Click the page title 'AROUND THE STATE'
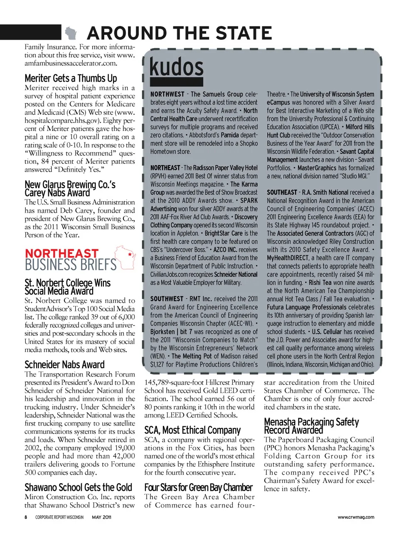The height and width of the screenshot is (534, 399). (180, 33)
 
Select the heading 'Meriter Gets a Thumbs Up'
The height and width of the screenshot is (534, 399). (71, 78)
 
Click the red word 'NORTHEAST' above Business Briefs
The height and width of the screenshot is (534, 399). (62, 253)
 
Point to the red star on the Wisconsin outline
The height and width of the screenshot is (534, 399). (130, 254)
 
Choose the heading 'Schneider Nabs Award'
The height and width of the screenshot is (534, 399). (64, 365)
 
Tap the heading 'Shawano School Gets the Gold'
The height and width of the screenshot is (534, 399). (78, 487)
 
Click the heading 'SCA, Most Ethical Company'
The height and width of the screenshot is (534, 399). (192, 430)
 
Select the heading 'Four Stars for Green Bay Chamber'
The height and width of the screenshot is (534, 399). (198, 487)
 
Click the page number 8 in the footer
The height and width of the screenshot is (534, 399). (26, 517)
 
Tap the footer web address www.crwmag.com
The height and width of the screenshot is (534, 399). (356, 517)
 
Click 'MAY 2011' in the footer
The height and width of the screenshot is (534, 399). (101, 517)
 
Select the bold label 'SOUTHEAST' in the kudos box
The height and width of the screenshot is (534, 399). (282, 192)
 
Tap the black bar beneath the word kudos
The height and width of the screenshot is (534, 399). (176, 82)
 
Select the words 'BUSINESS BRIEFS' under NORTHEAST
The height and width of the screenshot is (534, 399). (71, 265)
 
